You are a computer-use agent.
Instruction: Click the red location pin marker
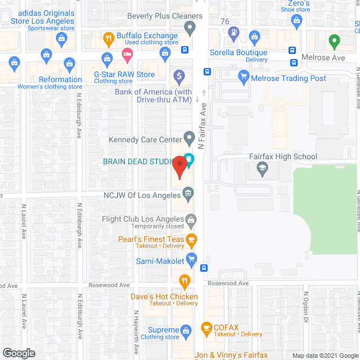[x=179, y=167]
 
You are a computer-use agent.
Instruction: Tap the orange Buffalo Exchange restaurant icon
[x=109, y=38]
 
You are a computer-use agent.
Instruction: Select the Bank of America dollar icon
[x=178, y=75]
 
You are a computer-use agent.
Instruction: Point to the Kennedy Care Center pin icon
[x=190, y=137]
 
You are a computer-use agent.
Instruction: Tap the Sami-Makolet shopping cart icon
[x=191, y=259]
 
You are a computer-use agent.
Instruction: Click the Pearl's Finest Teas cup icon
[x=191, y=241]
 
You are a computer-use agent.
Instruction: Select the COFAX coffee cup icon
[x=206, y=327]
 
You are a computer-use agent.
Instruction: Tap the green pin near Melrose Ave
[x=334, y=40]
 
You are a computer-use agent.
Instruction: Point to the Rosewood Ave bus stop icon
[x=205, y=268]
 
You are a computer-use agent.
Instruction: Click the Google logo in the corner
[x=18, y=353]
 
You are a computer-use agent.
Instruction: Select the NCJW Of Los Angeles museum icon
[x=189, y=195]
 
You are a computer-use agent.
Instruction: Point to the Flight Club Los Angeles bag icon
[x=191, y=219]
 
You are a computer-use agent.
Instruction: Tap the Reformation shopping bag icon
[x=70, y=63]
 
